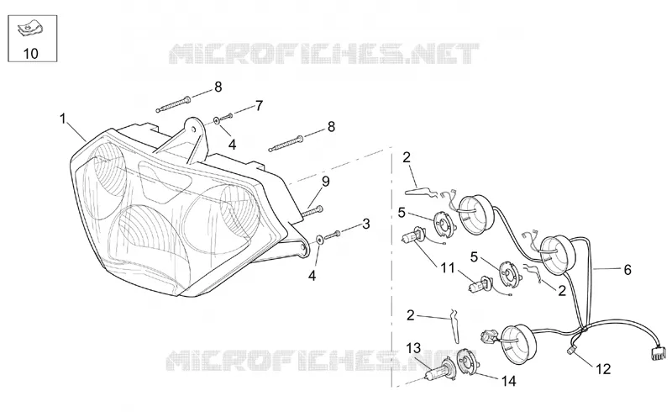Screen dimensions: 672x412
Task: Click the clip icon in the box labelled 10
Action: tap(29, 30)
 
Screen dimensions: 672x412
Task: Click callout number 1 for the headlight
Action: tap(63, 119)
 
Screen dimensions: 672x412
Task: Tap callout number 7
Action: tap(259, 106)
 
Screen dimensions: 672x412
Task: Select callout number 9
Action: tap(326, 182)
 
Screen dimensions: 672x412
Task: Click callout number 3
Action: tap(365, 224)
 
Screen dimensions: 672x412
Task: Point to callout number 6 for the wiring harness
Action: tap(627, 270)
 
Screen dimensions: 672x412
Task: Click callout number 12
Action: tap(603, 368)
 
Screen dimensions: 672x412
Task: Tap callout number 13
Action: tap(413, 348)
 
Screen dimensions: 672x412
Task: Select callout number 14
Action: tap(508, 381)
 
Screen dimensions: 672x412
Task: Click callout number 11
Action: tap(448, 268)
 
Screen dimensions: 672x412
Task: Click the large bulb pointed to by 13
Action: tap(438, 369)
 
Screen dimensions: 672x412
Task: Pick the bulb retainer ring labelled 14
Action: tap(467, 362)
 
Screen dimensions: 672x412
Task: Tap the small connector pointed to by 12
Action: tap(570, 350)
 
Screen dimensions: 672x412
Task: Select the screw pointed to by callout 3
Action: tap(333, 235)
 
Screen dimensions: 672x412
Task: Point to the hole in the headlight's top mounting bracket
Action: tap(194, 128)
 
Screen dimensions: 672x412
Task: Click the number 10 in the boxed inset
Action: tap(30, 54)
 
